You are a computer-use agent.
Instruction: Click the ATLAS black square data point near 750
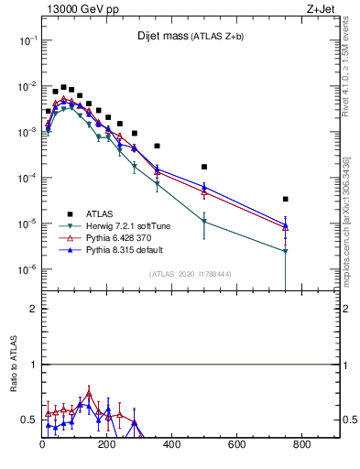tap(286, 199)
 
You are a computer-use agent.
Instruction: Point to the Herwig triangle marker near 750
tap(286, 251)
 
